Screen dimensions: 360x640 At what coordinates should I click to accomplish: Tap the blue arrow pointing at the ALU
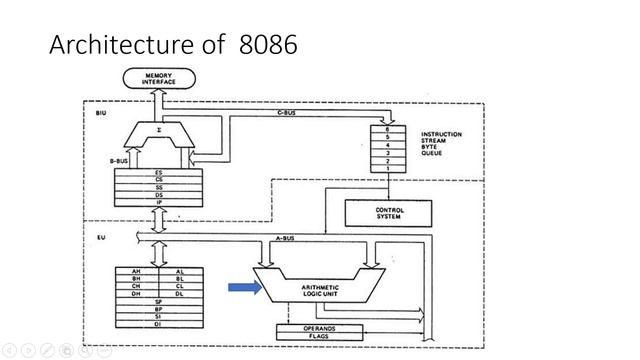pyautogui.click(x=243, y=289)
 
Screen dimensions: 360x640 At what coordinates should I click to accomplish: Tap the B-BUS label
pyautogui.click(x=120, y=159)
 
